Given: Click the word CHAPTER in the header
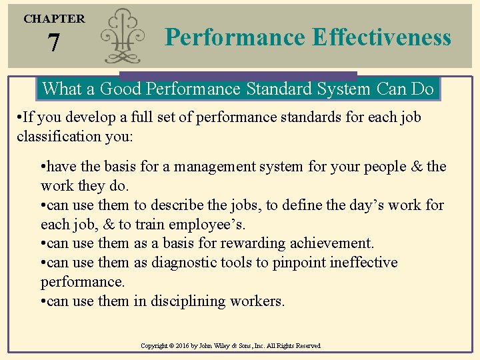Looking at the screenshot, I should [x=54, y=19].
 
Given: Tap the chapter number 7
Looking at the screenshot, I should [x=53, y=44].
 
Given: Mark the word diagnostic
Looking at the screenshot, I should [x=189, y=263].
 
